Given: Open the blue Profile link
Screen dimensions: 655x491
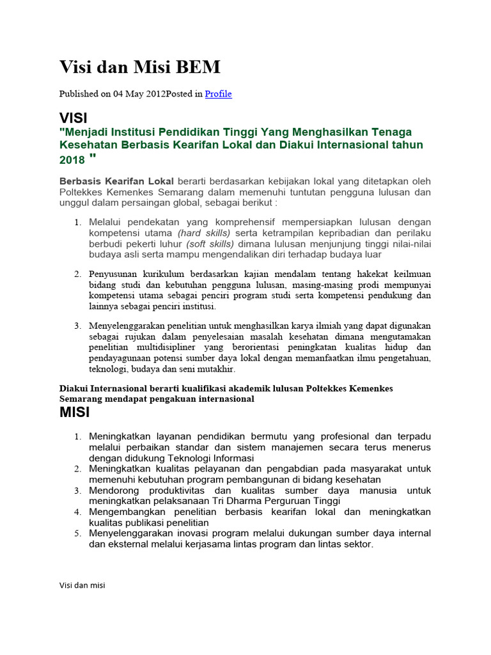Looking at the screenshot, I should tap(218, 94).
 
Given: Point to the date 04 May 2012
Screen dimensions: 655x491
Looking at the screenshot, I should tap(139, 94).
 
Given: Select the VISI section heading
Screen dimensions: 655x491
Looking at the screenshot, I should tap(74, 118).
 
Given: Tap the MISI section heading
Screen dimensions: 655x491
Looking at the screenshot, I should tap(74, 413).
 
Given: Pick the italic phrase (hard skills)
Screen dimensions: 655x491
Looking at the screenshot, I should tap(204, 233).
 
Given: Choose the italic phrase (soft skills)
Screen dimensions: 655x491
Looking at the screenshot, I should tap(210, 244).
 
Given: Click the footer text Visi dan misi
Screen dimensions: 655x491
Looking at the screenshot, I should tap(82, 585).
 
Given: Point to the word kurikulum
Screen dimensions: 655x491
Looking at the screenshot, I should tap(163, 274).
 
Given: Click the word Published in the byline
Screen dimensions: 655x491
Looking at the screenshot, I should tap(79, 94).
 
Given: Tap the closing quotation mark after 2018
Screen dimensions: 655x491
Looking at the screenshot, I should tap(93, 157).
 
